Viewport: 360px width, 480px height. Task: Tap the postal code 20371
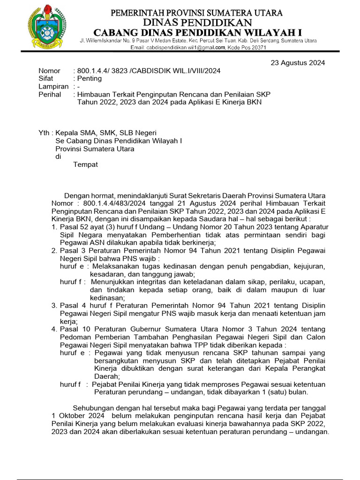tap(256, 48)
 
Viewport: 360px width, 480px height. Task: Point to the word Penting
tap(90, 79)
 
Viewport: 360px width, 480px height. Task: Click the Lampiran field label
tap(53, 87)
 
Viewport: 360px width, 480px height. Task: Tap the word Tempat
tap(86, 165)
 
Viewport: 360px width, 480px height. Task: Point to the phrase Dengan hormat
tap(89, 195)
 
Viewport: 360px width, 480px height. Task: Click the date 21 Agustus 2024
tap(200, 203)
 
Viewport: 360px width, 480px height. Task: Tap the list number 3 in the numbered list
tap(54, 305)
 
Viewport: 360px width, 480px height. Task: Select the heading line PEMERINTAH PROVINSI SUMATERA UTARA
tap(196, 12)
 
